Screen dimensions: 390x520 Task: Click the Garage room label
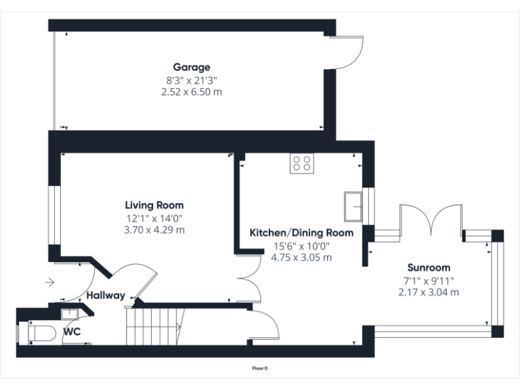191,67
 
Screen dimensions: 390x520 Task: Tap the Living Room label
154,205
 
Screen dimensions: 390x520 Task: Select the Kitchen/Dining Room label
301,233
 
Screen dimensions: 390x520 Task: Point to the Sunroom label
429,267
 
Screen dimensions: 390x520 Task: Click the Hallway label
105,295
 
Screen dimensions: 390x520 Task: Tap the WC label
72,332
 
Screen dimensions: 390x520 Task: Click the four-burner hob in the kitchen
301,163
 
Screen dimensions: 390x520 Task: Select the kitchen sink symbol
353,206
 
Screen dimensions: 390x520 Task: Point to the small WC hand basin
69,313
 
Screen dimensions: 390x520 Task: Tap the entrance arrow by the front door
50,282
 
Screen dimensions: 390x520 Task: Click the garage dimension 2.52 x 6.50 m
191,91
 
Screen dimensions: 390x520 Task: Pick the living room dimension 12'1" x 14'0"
154,218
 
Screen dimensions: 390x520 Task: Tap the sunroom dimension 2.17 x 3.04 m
429,292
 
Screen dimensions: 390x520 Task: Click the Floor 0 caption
259,368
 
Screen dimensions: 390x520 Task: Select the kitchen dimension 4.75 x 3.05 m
301,257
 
